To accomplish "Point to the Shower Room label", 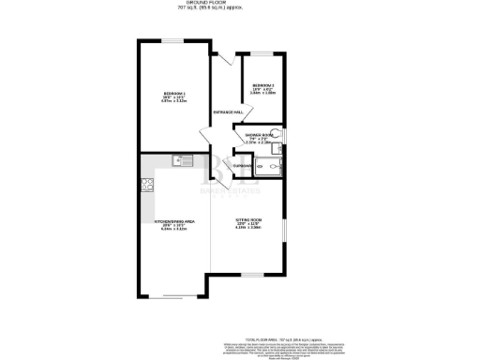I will point(259,135).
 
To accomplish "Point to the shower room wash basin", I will point(279,150).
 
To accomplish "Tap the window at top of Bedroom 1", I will point(174,41).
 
